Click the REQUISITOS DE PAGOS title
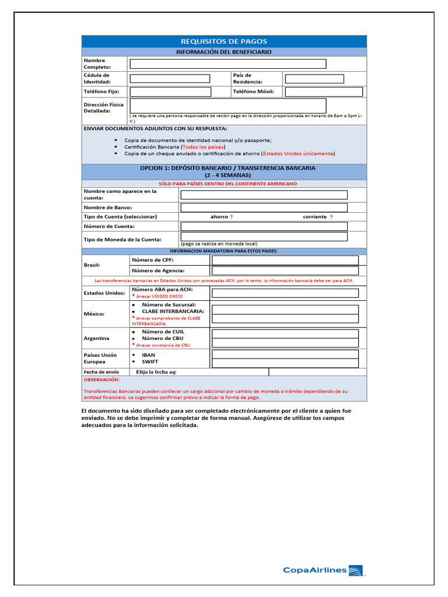[x=224, y=41]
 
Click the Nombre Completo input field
[x=228, y=64]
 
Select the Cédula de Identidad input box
[x=170, y=79]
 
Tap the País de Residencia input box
[x=314, y=79]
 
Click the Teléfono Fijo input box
[x=170, y=92]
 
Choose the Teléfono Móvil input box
[x=324, y=92]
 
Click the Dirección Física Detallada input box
[x=228, y=106]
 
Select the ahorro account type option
[x=222, y=217]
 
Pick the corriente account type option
[x=318, y=217]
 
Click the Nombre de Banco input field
[x=264, y=208]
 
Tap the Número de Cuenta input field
[x=264, y=226]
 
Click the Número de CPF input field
[x=285, y=260]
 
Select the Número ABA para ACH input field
[x=285, y=293]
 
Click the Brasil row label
[x=92, y=265]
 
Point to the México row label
[x=94, y=314]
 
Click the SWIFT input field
[x=285, y=363]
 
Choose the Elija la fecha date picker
[x=156, y=372]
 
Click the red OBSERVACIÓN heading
[x=102, y=380]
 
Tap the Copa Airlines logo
[x=324, y=571]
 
